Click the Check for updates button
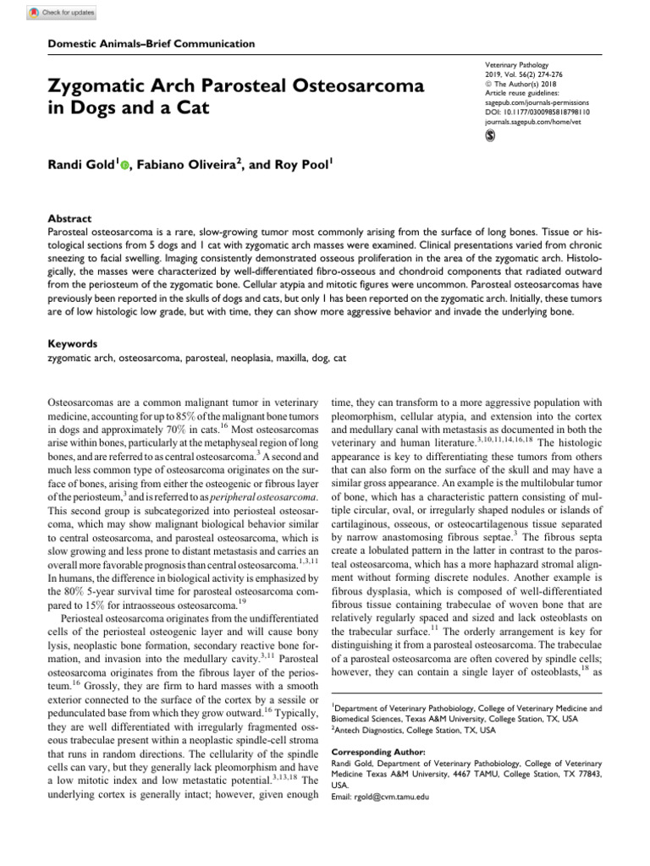pos(63,13)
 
